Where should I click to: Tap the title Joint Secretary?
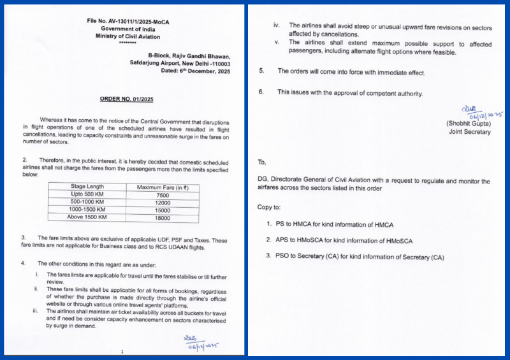(x=469, y=132)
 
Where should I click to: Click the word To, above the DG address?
(x=262, y=162)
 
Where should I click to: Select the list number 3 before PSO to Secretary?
(x=269, y=256)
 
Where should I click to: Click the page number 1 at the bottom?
(x=121, y=351)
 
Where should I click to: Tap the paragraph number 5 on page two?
(x=261, y=71)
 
